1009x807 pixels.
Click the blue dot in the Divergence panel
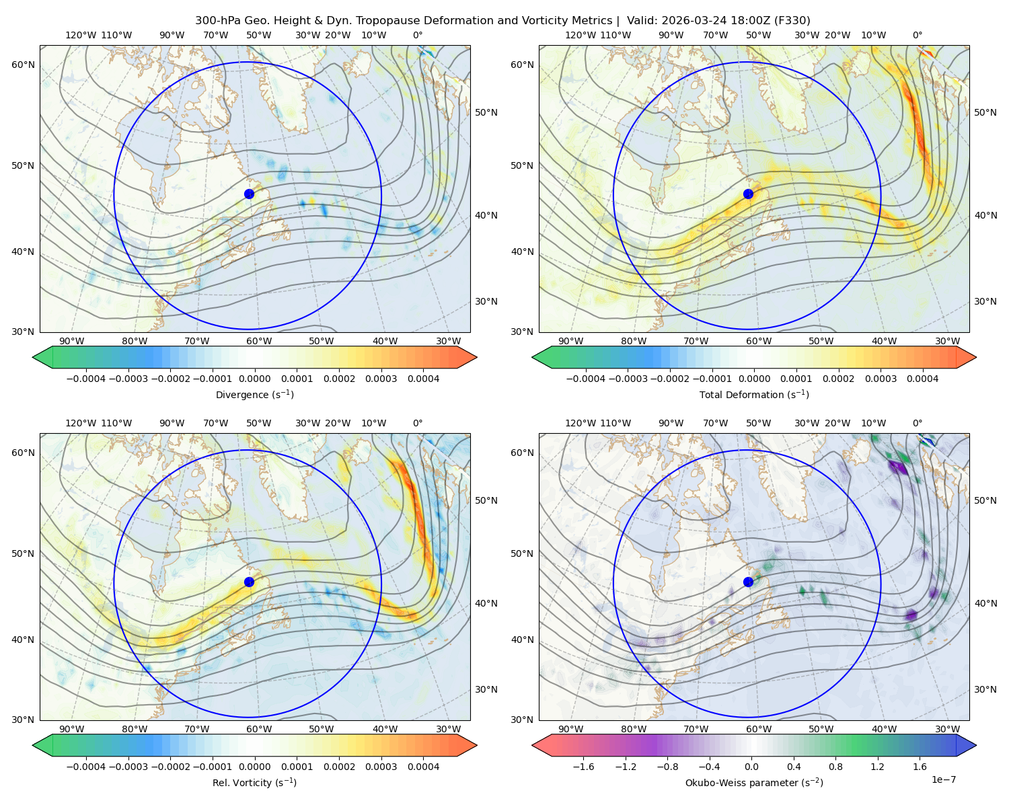249,194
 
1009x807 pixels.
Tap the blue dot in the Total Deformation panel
748,194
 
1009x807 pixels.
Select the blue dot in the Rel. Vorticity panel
249,582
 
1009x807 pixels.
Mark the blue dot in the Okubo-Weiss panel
748,582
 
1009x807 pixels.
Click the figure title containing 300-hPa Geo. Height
502,21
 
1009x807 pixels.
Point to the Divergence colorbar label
254,394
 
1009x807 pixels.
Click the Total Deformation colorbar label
754,394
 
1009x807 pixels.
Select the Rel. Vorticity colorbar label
254,783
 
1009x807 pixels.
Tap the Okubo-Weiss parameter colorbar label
754,783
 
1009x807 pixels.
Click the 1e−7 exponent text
943,779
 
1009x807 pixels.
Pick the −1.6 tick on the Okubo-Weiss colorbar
583,767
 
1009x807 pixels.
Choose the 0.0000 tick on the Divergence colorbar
254,379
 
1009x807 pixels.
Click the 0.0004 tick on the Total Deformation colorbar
922,379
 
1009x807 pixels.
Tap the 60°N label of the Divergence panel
23,65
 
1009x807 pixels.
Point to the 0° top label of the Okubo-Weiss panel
917,423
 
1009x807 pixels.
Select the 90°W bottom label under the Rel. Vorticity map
72,729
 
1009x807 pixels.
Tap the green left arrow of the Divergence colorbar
42,357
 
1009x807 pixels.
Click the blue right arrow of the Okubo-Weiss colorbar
967,745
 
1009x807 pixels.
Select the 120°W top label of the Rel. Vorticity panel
81,423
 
